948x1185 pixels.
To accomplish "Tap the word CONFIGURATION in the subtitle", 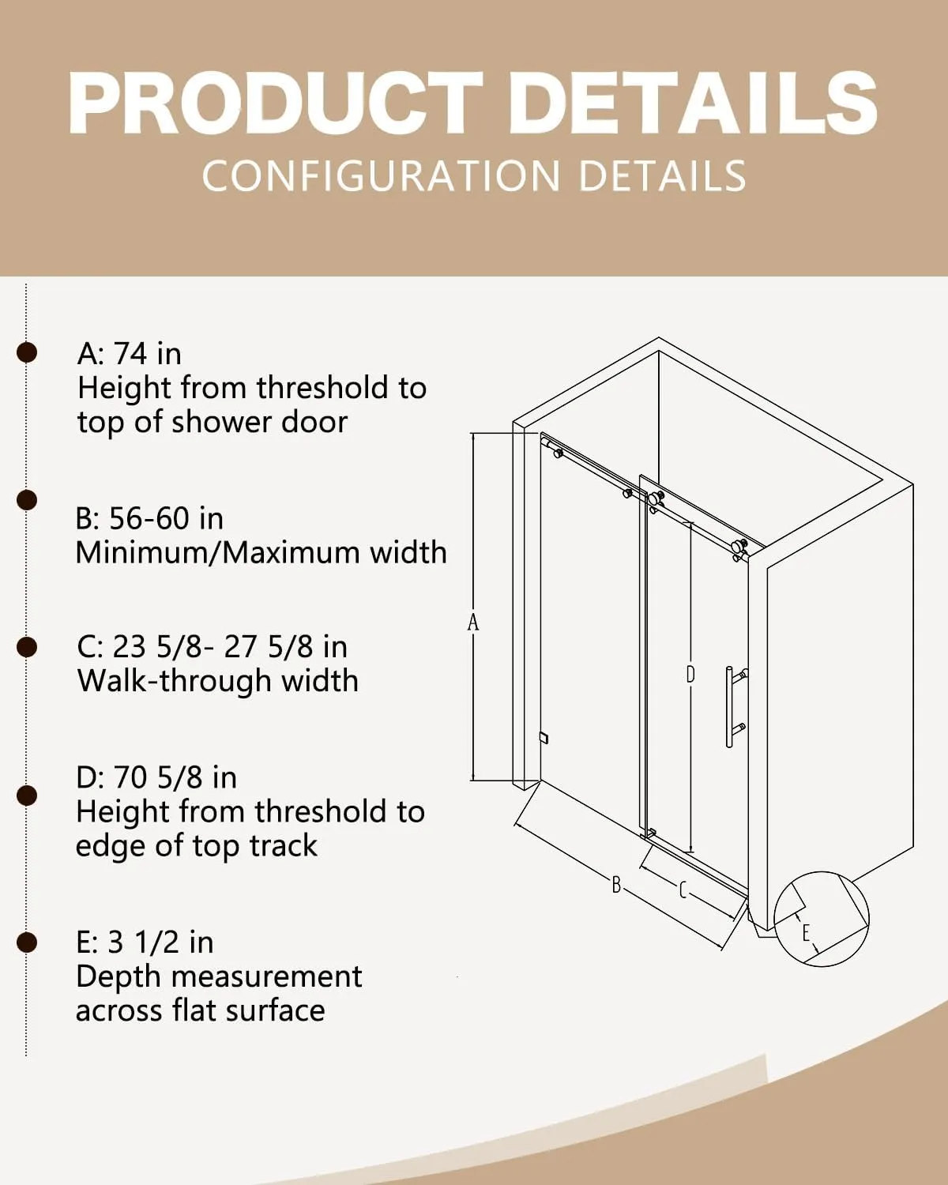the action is pos(381,176).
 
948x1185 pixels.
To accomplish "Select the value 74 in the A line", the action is pos(130,353).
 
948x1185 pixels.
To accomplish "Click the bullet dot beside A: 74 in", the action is pos(27,352).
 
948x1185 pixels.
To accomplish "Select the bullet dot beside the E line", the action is pos(27,942).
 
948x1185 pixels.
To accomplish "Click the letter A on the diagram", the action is pos(473,623).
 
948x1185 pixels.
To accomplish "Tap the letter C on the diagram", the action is pos(683,890).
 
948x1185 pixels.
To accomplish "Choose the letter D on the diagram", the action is pos(690,675).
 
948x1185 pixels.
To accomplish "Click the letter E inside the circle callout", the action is pos(806,933).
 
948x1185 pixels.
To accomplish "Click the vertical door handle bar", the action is pos(729,707).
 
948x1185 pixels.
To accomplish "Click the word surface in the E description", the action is pos(276,1011).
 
